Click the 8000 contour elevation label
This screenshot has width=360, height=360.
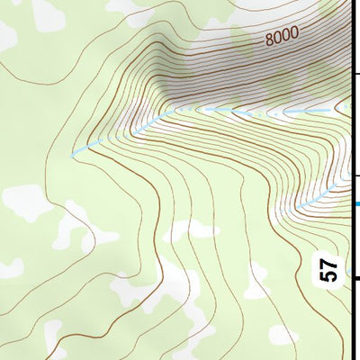(281, 37)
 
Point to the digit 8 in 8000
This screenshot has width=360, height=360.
(269, 40)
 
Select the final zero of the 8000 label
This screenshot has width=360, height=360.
(293, 33)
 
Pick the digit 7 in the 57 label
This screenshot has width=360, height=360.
(328, 263)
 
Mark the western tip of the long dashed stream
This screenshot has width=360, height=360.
(73, 156)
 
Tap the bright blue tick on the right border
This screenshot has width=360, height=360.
(355, 203)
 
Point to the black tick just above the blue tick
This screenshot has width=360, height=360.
(355, 175)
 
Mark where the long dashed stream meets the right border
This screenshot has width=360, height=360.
(350, 110)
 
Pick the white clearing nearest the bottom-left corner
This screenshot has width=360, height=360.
(9, 268)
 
